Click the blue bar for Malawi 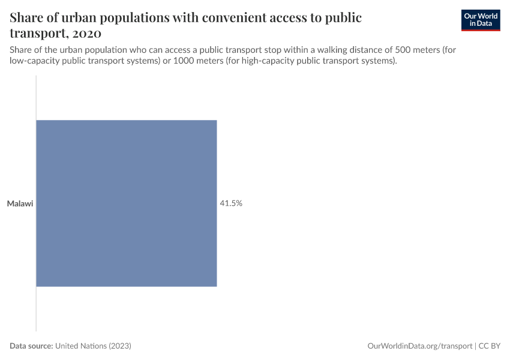coord(126,203)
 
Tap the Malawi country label coord(20,204)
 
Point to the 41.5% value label coord(231,203)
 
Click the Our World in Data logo coord(480,20)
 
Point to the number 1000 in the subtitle coord(183,61)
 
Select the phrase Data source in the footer coord(31,346)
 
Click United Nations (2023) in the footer coord(93,346)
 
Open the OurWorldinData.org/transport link coord(419,346)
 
